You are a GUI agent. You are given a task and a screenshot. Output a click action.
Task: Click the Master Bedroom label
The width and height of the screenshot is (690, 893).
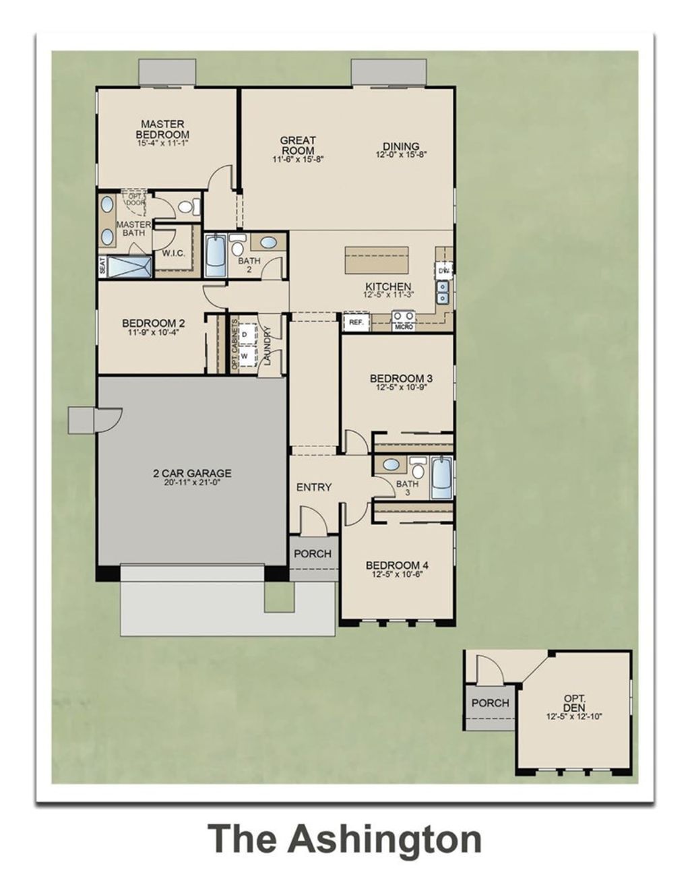coord(162,129)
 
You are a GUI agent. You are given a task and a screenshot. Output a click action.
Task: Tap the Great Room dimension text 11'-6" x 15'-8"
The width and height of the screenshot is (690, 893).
coord(298,160)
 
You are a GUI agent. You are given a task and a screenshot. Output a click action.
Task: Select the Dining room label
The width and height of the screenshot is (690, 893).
coord(401,146)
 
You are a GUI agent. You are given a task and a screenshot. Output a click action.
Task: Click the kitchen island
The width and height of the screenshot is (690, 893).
coord(377,259)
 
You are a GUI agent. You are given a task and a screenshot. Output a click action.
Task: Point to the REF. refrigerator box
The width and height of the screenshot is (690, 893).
coord(356,323)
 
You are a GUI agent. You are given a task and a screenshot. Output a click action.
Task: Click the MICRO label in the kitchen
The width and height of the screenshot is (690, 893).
coord(404,327)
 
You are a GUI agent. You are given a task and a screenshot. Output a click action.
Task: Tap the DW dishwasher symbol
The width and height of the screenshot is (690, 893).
coord(443,270)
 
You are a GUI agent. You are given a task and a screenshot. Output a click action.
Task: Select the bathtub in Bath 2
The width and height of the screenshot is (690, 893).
coord(215,255)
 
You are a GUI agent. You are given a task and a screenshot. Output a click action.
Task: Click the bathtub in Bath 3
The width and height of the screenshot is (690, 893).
coord(441,478)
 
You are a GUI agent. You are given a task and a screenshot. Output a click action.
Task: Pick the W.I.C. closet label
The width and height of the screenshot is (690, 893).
coord(174,254)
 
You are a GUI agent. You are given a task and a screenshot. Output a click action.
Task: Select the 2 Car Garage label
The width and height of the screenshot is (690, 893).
coord(192,473)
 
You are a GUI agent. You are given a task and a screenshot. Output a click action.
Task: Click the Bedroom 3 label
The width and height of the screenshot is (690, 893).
coord(401,378)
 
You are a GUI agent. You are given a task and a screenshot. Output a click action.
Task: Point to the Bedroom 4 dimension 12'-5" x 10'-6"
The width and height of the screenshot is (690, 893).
coord(397,576)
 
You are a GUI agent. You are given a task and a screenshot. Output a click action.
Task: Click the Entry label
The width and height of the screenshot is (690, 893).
coord(314,487)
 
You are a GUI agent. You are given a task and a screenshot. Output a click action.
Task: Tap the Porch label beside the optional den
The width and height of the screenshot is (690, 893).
coord(490,703)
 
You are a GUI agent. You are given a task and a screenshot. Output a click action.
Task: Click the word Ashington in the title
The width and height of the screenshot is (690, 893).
coord(385,839)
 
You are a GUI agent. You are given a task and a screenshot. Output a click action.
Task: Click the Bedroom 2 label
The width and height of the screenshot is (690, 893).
coord(153,323)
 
